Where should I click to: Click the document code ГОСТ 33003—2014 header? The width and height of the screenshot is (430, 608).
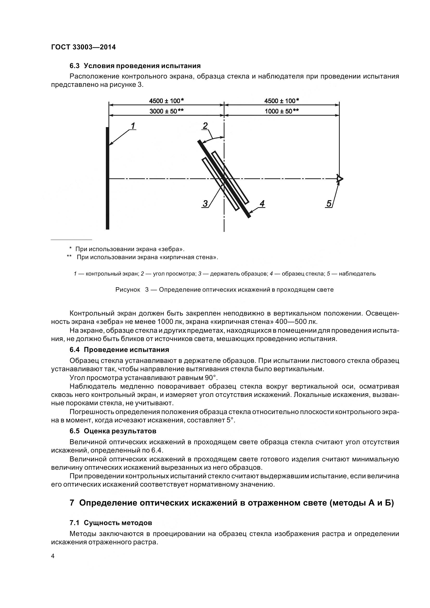tap(83, 47)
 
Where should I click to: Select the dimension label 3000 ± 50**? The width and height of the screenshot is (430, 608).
tap(166, 111)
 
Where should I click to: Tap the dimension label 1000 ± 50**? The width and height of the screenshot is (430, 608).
tap(282, 111)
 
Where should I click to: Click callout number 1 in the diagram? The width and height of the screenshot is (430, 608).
tap(133, 126)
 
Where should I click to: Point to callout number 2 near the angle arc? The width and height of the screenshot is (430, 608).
tap(205, 126)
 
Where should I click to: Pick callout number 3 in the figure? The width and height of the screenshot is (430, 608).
tap(205, 204)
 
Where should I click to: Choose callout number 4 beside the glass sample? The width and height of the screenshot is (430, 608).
tap(262, 204)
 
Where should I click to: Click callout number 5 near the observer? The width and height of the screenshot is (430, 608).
tap(329, 204)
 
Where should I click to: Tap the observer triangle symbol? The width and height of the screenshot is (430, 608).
tap(339, 179)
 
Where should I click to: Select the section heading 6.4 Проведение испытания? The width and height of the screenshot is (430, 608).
tap(119, 350)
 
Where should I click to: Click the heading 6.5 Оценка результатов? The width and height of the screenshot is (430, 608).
tap(113, 431)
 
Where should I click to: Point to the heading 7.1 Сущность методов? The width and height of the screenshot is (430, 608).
tap(111, 523)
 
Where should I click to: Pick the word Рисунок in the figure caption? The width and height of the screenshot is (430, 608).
tap(127, 290)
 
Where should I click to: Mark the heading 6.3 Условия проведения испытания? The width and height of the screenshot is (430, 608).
tap(135, 66)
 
